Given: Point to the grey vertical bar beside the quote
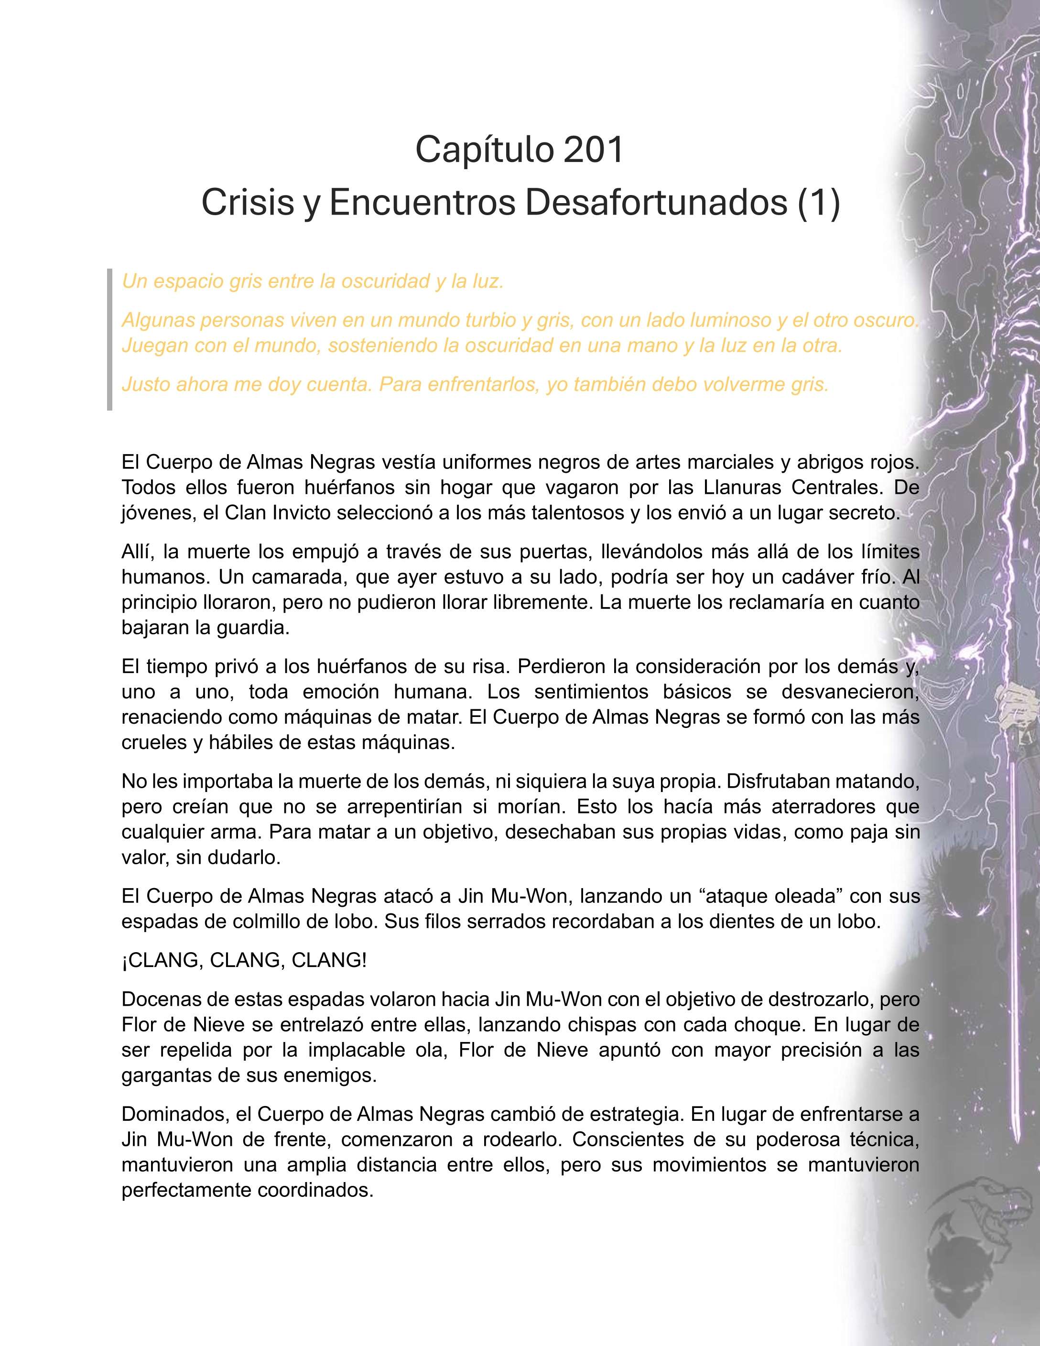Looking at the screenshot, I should [x=109, y=339].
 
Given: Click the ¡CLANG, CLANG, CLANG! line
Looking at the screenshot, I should [x=244, y=960].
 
